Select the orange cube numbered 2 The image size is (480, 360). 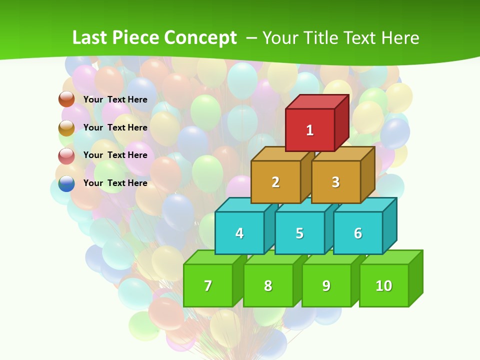[x=275, y=182]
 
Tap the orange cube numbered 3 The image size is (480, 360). [x=335, y=182]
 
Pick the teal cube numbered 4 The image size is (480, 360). [x=239, y=233]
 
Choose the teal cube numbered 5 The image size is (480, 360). [x=299, y=233]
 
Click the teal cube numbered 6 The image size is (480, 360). [x=358, y=233]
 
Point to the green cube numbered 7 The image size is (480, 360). [x=208, y=285]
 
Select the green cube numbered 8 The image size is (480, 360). [x=268, y=285]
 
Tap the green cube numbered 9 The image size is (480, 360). [x=326, y=285]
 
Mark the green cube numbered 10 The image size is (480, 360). [x=384, y=285]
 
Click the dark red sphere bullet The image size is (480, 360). [x=66, y=99]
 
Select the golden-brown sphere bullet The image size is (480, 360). [x=66, y=127]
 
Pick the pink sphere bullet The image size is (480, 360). [x=66, y=155]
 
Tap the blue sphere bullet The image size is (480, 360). [x=66, y=183]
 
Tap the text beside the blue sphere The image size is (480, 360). [x=115, y=183]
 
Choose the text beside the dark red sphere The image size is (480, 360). [x=115, y=99]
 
